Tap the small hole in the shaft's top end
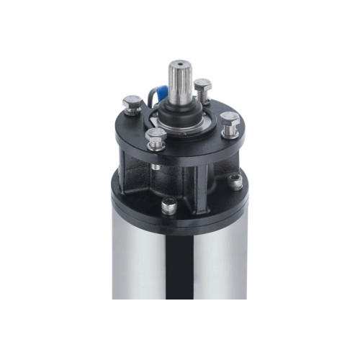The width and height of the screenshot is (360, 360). tap(179, 66)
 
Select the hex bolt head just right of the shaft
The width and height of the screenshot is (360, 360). tap(202, 85)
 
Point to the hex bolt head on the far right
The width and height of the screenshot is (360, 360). tap(230, 118)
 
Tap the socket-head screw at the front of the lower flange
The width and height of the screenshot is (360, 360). tap(167, 207)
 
